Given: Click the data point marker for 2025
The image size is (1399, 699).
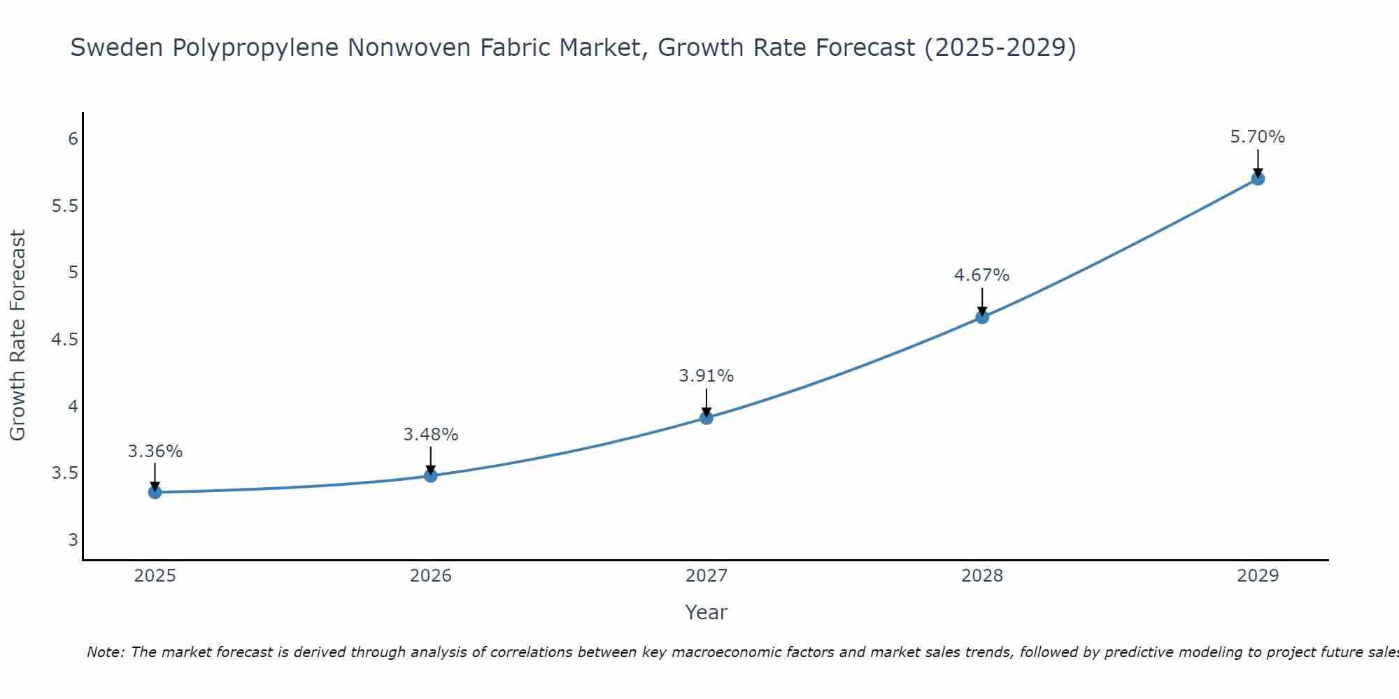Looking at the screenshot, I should click(155, 492).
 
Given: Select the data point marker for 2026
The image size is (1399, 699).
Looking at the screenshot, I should click(431, 475).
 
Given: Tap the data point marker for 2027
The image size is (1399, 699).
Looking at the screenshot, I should click(706, 418).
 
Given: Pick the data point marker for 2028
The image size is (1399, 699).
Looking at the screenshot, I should click(982, 317).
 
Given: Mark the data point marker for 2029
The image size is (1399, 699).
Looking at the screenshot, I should click(1258, 179).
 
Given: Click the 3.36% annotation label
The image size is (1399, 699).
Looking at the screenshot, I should click(155, 452).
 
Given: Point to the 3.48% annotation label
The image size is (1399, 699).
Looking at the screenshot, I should click(431, 435).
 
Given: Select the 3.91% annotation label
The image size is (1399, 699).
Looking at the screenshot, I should click(706, 376).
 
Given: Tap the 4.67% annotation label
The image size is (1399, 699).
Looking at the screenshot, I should click(982, 275).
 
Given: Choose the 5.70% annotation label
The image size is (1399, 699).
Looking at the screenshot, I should click(1258, 137).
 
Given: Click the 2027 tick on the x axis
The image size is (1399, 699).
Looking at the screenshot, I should click(706, 576).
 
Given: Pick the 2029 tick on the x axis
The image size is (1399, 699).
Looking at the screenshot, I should click(1258, 576).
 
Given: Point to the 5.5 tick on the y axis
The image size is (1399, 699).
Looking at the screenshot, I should click(64, 206).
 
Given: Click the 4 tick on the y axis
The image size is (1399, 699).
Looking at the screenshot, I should click(73, 406).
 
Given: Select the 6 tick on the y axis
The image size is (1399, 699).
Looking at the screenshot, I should click(73, 139).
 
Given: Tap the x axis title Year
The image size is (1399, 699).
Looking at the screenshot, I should click(706, 612).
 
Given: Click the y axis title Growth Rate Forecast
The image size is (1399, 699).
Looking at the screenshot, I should click(18, 336).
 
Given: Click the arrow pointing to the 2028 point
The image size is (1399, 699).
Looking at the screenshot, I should click(982, 301).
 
